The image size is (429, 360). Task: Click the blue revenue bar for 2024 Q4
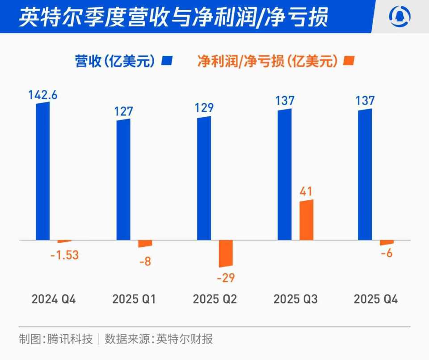[43, 171]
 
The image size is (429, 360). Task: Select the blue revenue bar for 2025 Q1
[123, 179]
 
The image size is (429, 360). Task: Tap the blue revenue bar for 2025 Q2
[204, 178]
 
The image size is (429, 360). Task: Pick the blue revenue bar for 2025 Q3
[284, 174]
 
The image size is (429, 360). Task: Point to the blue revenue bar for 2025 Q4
[365, 174]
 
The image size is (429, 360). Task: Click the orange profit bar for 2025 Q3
[306, 220]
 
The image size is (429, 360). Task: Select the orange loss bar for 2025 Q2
[226, 254]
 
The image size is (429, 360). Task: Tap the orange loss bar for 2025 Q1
[145, 244]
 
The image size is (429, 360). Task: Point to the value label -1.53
[64, 255]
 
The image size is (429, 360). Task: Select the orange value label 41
[306, 192]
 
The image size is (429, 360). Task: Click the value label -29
[226, 278]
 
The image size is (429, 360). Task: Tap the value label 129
[204, 108]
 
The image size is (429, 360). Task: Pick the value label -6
[387, 253]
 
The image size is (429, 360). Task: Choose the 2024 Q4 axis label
[54, 299]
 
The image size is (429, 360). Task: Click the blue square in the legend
[167, 61]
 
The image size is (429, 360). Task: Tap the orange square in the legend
[349, 61]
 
